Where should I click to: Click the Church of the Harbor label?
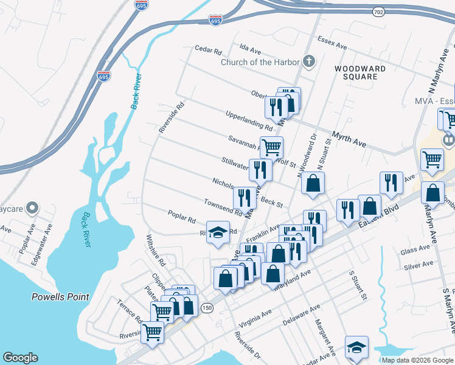point(260,62)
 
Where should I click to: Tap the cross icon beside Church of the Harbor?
point(310,61)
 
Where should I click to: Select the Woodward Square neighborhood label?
point(360,73)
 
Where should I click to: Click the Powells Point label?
point(60,297)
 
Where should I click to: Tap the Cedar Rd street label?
point(208,49)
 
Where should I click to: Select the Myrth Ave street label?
point(349,139)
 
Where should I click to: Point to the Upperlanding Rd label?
point(249,120)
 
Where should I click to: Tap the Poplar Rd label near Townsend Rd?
point(182,216)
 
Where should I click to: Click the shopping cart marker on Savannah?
point(271,147)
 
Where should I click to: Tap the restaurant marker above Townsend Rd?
point(244,197)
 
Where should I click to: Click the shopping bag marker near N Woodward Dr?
point(313,182)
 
